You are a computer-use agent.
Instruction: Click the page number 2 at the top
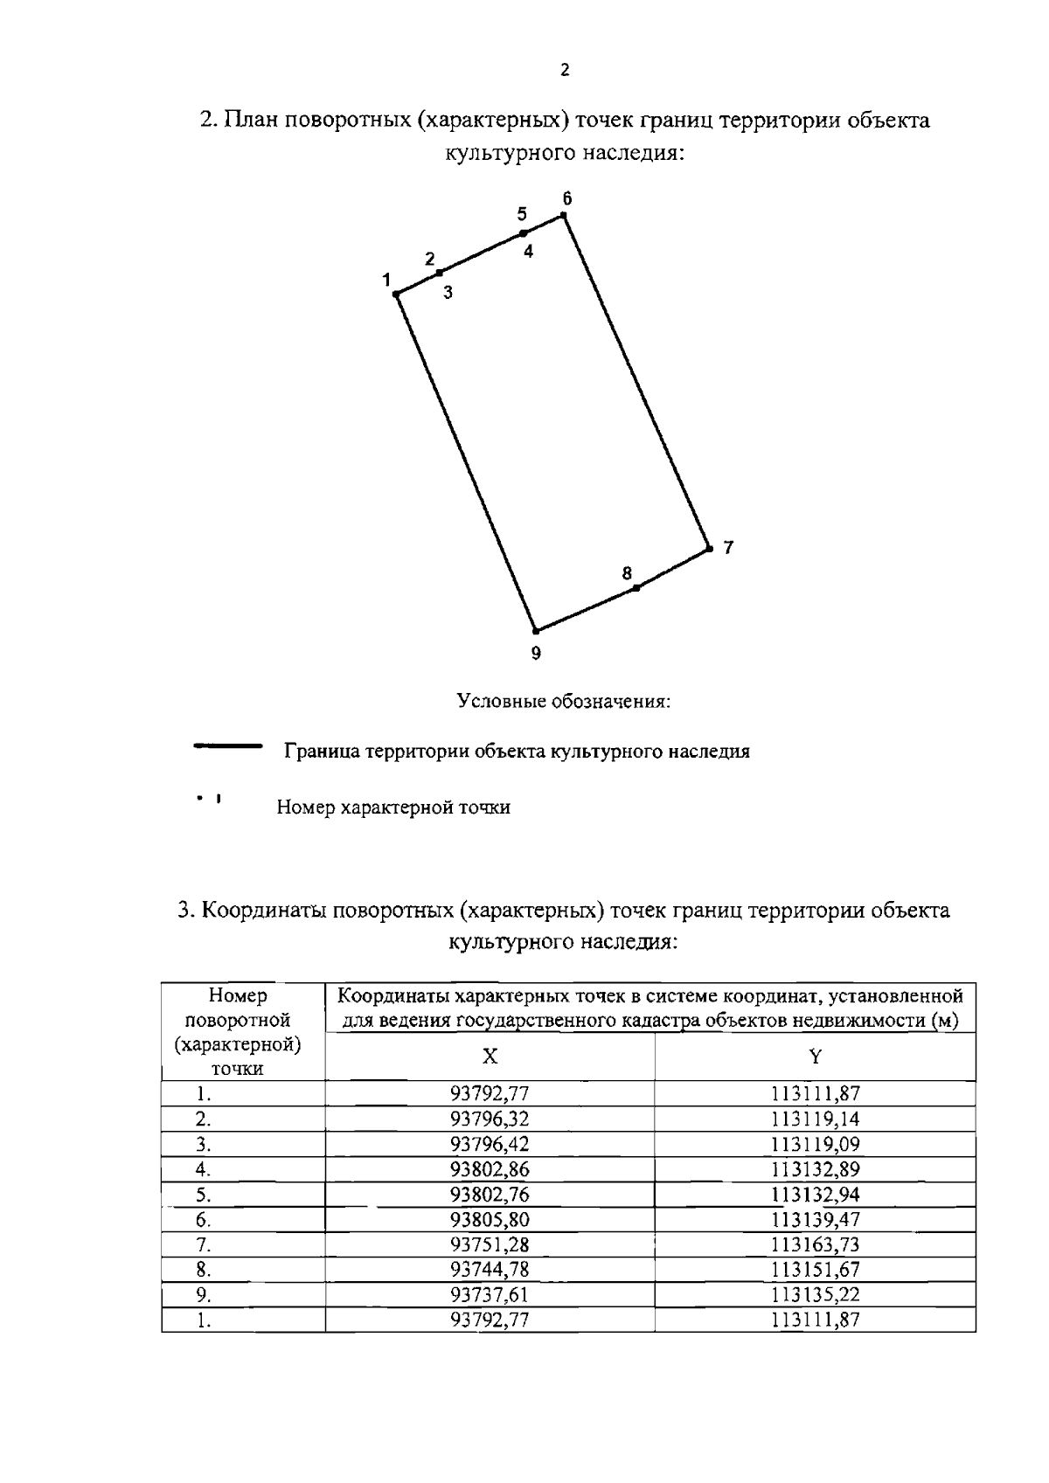point(565,71)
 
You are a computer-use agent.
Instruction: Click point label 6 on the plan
point(566,198)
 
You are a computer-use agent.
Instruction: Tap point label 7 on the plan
point(728,548)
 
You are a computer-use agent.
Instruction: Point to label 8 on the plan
point(627,573)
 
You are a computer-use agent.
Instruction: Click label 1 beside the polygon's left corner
point(385,280)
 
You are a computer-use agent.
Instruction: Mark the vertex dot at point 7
point(708,550)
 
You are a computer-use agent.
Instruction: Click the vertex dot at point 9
point(535,631)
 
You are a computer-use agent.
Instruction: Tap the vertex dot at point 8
point(636,588)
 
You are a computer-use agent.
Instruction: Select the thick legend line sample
point(228,747)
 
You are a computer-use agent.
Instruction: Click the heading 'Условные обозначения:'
point(564,702)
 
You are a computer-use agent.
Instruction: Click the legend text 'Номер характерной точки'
point(393,807)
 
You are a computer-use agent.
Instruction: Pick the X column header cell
point(490,1057)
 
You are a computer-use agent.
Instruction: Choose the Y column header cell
point(815,1057)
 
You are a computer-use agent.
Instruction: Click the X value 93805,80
point(490,1220)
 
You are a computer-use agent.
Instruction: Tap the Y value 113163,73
point(815,1244)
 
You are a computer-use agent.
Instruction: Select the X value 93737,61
point(490,1294)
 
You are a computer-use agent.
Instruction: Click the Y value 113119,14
point(815,1119)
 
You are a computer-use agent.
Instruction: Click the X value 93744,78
point(490,1270)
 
